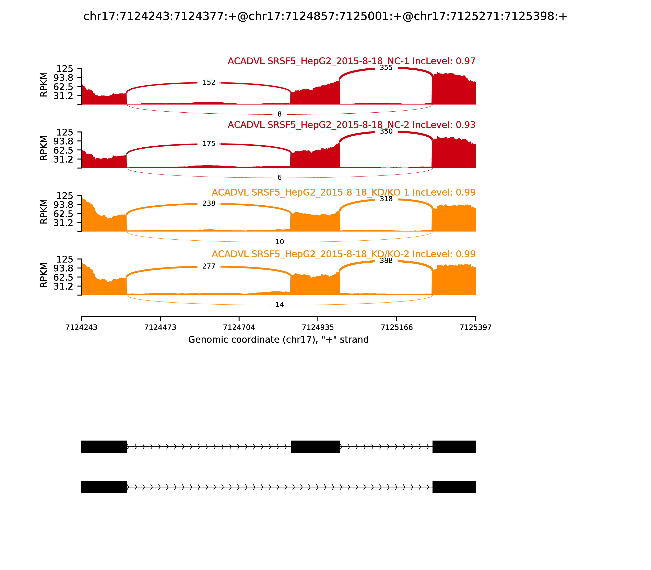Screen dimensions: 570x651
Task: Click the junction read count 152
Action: pyautogui.click(x=209, y=83)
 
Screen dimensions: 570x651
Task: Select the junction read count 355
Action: pyautogui.click(x=386, y=68)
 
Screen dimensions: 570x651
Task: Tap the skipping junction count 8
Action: pyautogui.click(x=279, y=114)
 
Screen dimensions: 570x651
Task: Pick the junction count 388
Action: pyautogui.click(x=386, y=261)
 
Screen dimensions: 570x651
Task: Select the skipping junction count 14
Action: pyautogui.click(x=279, y=305)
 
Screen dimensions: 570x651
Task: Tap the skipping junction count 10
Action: pyautogui.click(x=279, y=242)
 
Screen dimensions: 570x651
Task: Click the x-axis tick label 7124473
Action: pyautogui.click(x=160, y=327)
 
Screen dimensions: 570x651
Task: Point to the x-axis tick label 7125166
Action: pyautogui.click(x=397, y=327)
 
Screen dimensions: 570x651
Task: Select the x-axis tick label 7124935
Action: pyautogui.click(x=318, y=327)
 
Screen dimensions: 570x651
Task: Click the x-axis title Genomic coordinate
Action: pyautogui.click(x=279, y=340)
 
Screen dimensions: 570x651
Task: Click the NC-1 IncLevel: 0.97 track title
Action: pyautogui.click(x=351, y=61)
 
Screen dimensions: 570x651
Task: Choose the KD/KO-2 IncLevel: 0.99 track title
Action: pyautogui.click(x=343, y=254)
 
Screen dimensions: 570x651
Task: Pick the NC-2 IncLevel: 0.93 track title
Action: pyautogui.click(x=351, y=125)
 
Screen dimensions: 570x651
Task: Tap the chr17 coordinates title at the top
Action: pyautogui.click(x=325, y=16)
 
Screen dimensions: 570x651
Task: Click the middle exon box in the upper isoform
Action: pyautogui.click(x=316, y=447)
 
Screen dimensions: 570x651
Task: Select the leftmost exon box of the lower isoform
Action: pyautogui.click(x=104, y=487)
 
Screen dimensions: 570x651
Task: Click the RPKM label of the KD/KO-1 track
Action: pyautogui.click(x=44, y=212)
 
